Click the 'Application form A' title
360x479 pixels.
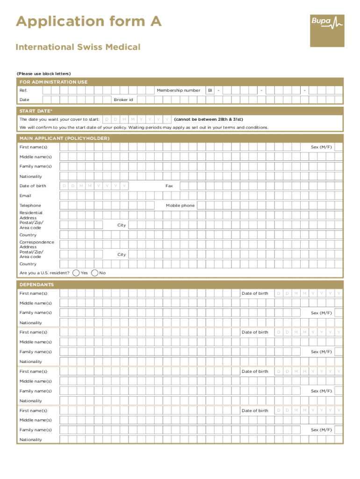click(89, 22)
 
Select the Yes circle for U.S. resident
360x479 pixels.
click(76, 273)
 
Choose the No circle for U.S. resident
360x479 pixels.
click(95, 273)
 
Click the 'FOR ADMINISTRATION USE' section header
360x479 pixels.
click(53, 82)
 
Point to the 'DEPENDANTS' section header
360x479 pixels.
click(36, 284)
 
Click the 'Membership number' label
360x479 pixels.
click(179, 90)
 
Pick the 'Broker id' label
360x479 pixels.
click(123, 100)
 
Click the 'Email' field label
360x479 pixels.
click(25, 196)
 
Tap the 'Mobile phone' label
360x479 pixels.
click(180, 205)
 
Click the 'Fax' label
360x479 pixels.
click(169, 186)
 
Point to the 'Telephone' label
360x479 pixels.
click(30, 205)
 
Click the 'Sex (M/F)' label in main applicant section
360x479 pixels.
click(322, 147)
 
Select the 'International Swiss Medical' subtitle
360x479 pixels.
click(78, 47)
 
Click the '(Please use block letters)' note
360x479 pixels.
click(43, 73)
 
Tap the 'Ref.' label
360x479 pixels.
click(23, 90)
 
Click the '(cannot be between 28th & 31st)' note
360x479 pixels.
click(209, 119)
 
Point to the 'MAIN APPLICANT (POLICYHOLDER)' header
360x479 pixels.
click(65, 138)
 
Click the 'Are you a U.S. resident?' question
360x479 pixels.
click(44, 273)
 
